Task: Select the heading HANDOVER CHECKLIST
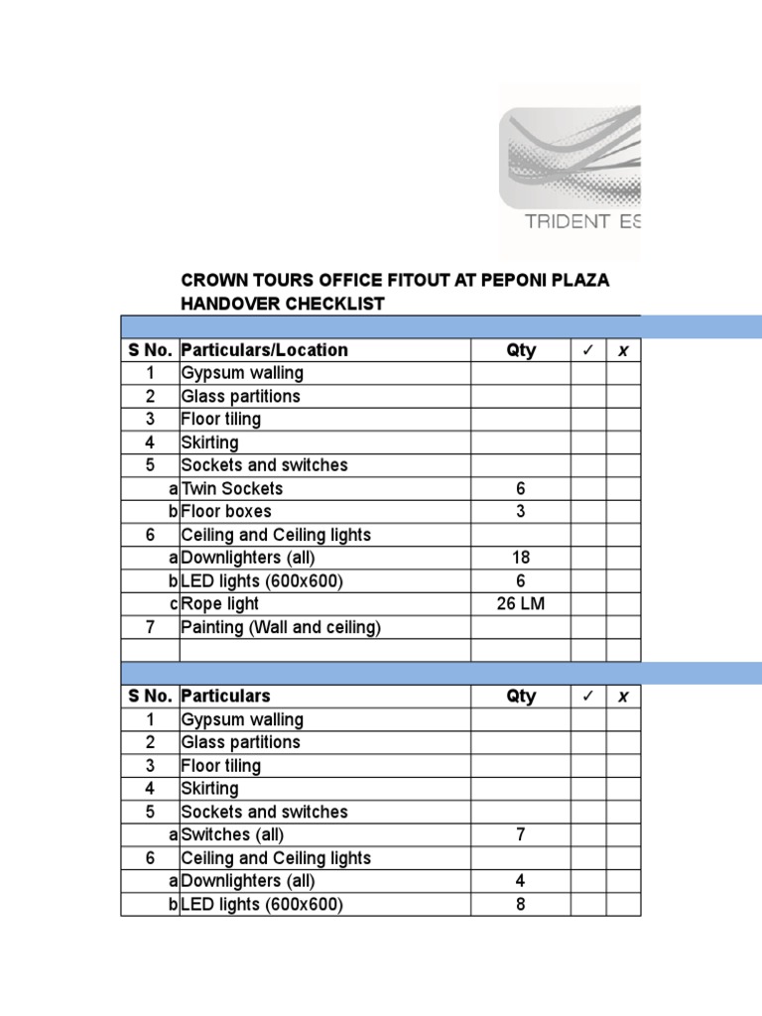[x=282, y=305]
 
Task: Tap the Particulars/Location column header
[x=264, y=350]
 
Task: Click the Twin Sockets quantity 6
[x=521, y=488]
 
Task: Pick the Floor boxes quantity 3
[x=521, y=512]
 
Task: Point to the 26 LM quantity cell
[x=521, y=604]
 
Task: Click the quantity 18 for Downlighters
[x=521, y=558]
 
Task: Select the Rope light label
[x=219, y=604]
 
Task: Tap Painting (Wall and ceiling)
[x=281, y=627]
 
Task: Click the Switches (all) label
[x=230, y=834]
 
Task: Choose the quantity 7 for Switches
[x=521, y=834]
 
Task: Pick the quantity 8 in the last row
[x=521, y=904]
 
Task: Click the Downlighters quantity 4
[x=521, y=881]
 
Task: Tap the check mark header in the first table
[x=587, y=350]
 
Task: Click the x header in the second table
[x=623, y=697]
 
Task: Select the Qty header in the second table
[x=521, y=697]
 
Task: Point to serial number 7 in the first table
[x=150, y=627]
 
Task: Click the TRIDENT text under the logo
[x=567, y=221]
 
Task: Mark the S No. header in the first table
[x=150, y=350]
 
